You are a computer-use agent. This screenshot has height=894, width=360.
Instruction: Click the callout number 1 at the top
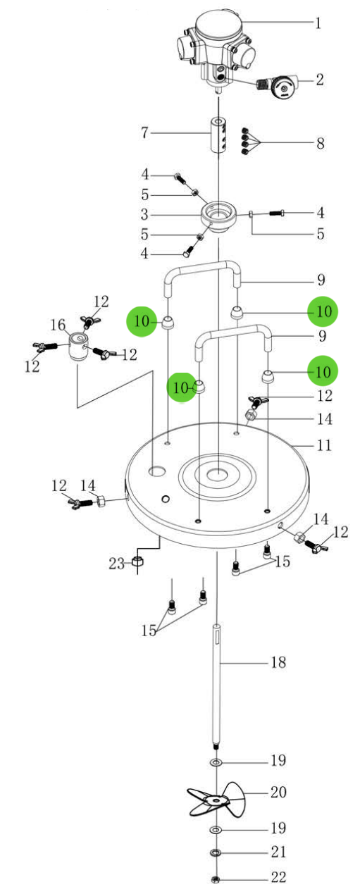click(x=318, y=23)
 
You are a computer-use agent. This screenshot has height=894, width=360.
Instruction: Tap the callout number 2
click(x=319, y=80)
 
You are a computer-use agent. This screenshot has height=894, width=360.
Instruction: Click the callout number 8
click(x=320, y=143)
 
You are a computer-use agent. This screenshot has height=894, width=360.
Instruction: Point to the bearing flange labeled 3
click(x=218, y=218)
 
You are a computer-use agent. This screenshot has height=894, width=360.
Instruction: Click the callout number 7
click(x=144, y=132)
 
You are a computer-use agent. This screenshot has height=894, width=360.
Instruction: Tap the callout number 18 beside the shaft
click(x=278, y=662)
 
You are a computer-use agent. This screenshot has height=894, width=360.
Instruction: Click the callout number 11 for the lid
click(x=324, y=445)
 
